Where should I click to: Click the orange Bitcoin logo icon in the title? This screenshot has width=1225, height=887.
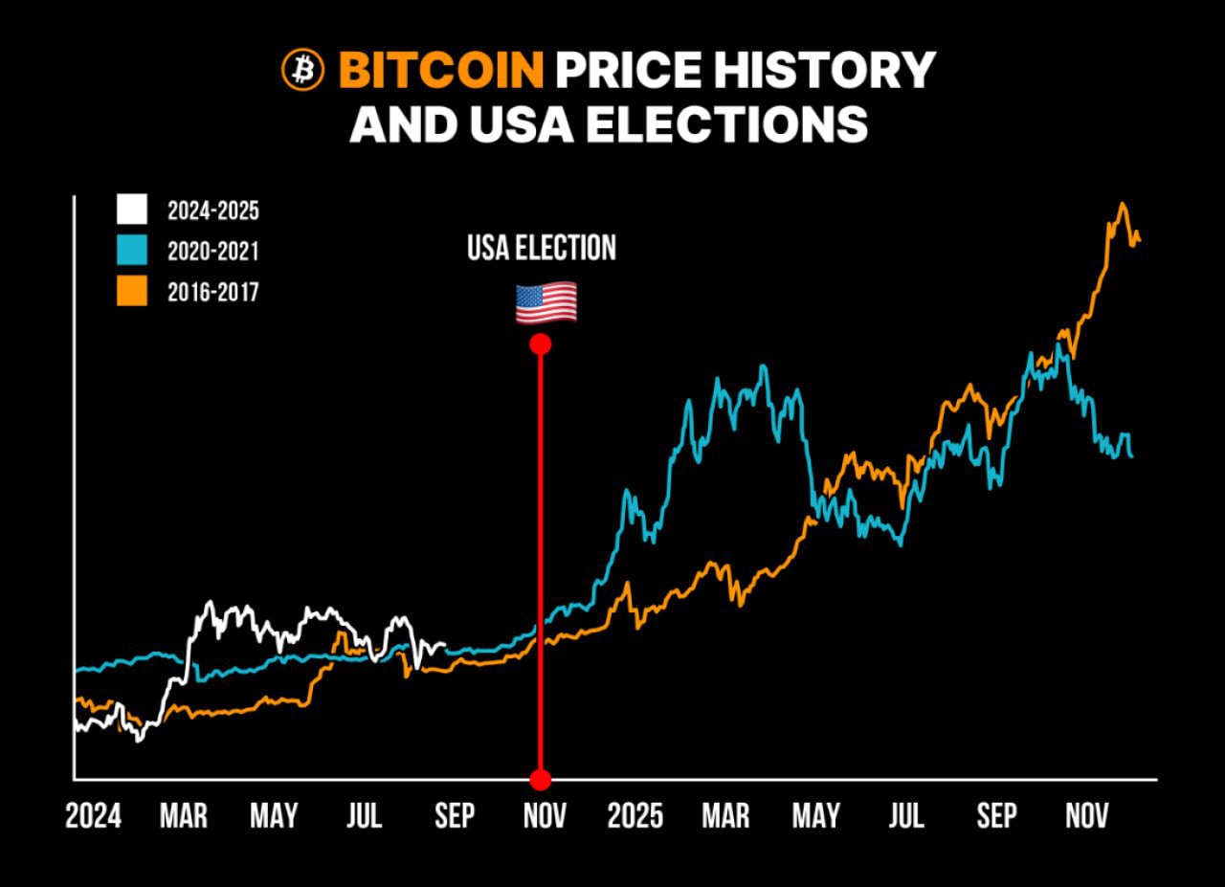[303, 70]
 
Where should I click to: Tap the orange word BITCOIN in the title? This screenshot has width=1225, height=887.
[441, 70]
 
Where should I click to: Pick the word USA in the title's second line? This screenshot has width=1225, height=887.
[508, 123]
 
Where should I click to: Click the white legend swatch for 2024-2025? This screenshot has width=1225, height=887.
[132, 210]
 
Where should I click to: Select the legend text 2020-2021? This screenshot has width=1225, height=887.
[212, 252]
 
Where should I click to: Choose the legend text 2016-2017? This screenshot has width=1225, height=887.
[212, 292]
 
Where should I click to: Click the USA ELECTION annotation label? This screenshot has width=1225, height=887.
[542, 249]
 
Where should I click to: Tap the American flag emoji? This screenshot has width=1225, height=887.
[546, 302]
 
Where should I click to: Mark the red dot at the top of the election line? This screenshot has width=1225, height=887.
[541, 344]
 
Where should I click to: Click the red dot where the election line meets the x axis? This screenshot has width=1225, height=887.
[541, 779]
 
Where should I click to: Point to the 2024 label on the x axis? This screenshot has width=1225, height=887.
[94, 816]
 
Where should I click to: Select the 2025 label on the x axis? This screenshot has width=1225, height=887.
[635, 816]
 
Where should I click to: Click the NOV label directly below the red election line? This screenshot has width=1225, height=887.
[545, 816]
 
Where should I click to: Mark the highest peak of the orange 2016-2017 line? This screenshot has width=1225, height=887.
[1122, 204]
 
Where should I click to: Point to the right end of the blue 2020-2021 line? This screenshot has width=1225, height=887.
[1132, 456]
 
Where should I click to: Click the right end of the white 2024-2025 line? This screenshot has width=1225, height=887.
[444, 647]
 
